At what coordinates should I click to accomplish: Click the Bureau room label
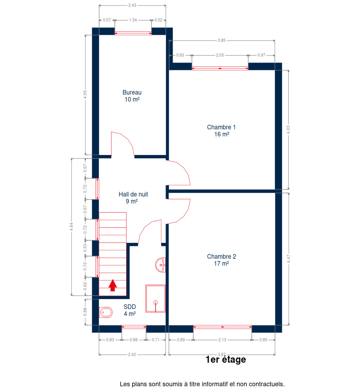pyautogui.click(x=132, y=96)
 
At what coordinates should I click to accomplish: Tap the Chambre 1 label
pyautogui.click(x=221, y=131)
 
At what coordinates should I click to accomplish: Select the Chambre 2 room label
pyautogui.click(x=221, y=260)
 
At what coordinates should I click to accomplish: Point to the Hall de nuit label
pyautogui.click(x=133, y=198)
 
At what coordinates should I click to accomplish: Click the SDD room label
pyautogui.click(x=130, y=310)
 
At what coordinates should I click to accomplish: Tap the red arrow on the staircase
pyautogui.click(x=112, y=285)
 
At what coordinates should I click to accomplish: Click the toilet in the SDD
pyautogui.click(x=106, y=312)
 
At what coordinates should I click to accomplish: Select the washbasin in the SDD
pyautogui.click(x=160, y=265)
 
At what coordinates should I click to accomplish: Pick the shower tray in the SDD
pyautogui.click(x=155, y=298)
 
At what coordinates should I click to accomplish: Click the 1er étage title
pyautogui.click(x=226, y=360)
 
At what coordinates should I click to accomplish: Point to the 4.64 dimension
pyautogui.click(x=71, y=227)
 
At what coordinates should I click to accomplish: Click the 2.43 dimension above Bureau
pyautogui.click(x=132, y=5)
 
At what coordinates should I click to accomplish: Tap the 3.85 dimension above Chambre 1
pyautogui.click(x=221, y=40)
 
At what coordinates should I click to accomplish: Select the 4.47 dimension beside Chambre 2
pyautogui.click(x=288, y=259)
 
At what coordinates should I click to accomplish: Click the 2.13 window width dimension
pyautogui.click(x=222, y=340)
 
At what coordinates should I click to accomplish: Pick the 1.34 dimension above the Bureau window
pyautogui.click(x=133, y=20)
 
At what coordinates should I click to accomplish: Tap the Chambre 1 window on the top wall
pyautogui.click(x=220, y=68)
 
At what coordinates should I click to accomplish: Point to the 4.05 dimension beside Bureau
pyautogui.click(x=85, y=95)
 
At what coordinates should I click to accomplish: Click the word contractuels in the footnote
pyautogui.click(x=267, y=384)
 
